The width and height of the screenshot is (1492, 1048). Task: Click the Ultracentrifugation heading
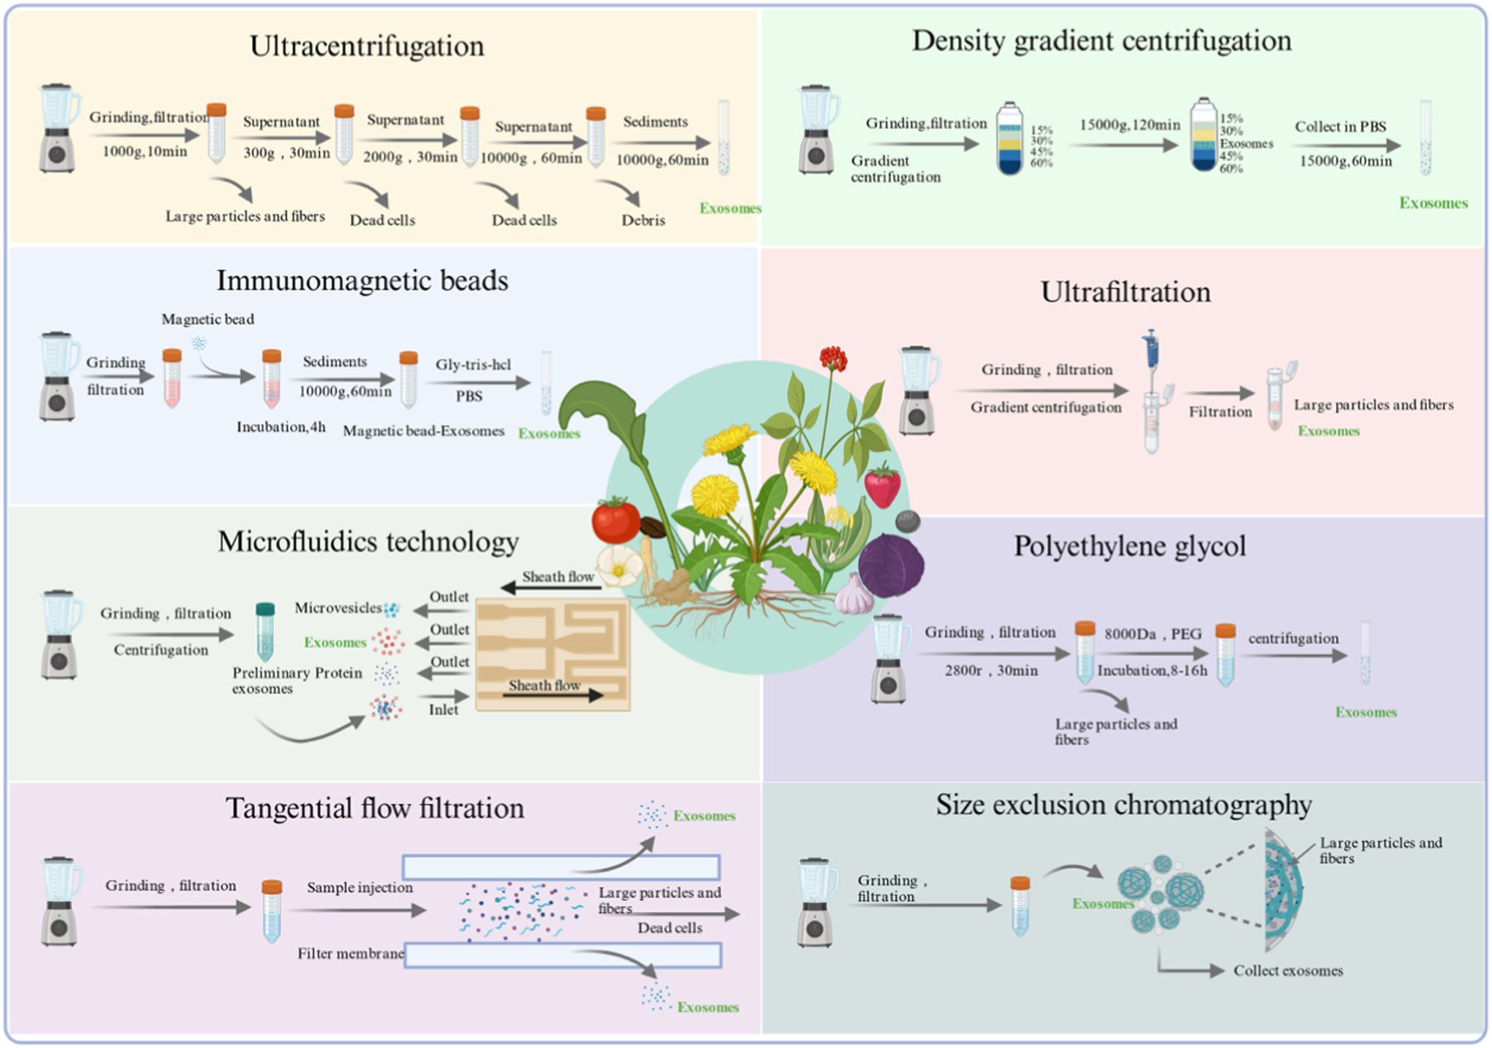tap(366, 46)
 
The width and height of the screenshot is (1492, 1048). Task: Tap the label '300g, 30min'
tap(286, 154)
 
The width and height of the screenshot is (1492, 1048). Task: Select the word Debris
tap(643, 220)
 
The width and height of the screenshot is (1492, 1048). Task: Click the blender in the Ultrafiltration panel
tap(918, 391)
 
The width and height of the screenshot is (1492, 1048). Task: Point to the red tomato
tap(616, 519)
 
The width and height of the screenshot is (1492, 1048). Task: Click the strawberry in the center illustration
tap(882, 486)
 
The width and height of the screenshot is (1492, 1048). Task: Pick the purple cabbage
tap(890, 565)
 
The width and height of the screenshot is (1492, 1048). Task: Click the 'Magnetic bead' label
tap(208, 319)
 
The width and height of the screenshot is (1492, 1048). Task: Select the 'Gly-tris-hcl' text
tap(473, 364)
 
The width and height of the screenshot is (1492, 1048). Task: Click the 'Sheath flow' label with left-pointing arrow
tap(557, 577)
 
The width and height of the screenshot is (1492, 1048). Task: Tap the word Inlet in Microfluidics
tap(444, 709)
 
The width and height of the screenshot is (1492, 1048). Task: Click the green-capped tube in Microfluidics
tap(265, 631)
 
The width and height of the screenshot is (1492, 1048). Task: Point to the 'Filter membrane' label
tap(350, 953)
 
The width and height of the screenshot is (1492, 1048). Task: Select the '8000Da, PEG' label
tap(1153, 634)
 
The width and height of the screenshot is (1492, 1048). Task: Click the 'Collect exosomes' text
tap(1288, 971)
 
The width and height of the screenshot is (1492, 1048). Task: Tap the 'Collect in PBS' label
tap(1340, 127)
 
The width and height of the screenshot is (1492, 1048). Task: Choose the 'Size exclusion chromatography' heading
tap(1123, 805)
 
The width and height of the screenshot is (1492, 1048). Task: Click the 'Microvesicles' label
tap(338, 607)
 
